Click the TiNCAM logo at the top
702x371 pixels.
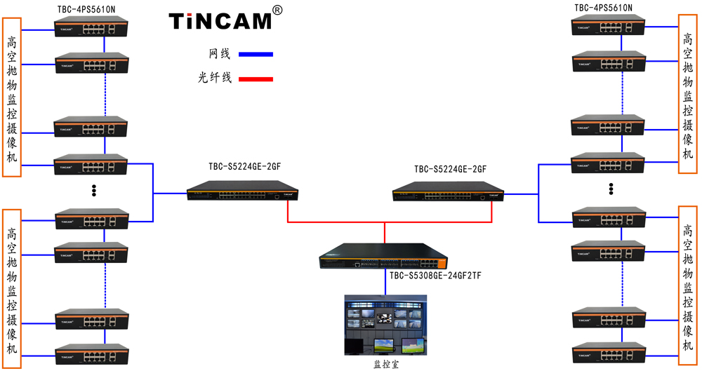pyautogui.click(x=220, y=21)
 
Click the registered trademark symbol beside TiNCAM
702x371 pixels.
pyautogui.click(x=277, y=11)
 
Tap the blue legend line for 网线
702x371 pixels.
pyautogui.click(x=256, y=54)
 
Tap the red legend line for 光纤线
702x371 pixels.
pyautogui.click(x=256, y=79)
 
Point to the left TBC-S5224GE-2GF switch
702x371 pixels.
pyautogui.click(x=242, y=189)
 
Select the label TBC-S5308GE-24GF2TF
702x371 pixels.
pyautogui.click(x=435, y=276)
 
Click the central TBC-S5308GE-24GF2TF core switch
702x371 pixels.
pyautogui.click(x=382, y=256)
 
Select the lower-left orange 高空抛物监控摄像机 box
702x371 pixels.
pyautogui.click(x=12, y=288)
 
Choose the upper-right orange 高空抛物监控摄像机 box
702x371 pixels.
pyautogui.click(x=688, y=94)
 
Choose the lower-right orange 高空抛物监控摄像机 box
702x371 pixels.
pyautogui.click(x=688, y=287)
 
